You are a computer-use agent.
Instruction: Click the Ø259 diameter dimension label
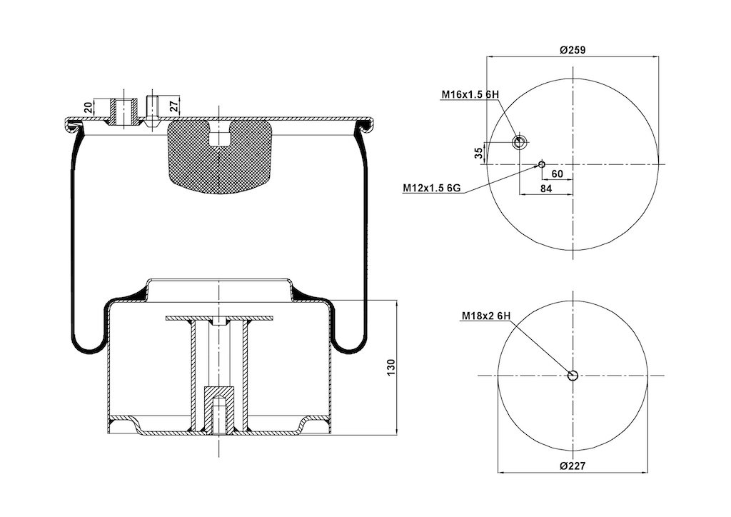pyautogui.click(x=573, y=50)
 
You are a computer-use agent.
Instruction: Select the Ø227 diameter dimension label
pyautogui.click(x=573, y=466)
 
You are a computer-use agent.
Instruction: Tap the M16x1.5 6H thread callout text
pyautogui.click(x=470, y=95)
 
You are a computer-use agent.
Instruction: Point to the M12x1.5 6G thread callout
pyautogui.click(x=432, y=189)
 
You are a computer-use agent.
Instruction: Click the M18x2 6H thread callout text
pyautogui.click(x=486, y=316)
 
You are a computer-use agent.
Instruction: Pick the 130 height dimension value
pyautogui.click(x=390, y=368)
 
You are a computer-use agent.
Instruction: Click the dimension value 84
pyautogui.click(x=546, y=189)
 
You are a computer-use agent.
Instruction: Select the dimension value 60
pyautogui.click(x=557, y=174)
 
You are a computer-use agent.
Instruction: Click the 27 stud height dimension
pyautogui.click(x=173, y=106)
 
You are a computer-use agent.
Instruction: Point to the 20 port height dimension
pyautogui.click(x=88, y=108)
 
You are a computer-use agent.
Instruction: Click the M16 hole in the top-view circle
pyautogui.click(x=519, y=142)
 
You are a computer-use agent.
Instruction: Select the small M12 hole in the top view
pyautogui.click(x=541, y=164)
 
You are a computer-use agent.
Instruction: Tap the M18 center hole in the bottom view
pyautogui.click(x=573, y=376)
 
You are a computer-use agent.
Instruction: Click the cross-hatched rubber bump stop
pyautogui.click(x=218, y=156)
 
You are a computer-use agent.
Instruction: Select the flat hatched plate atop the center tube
pyautogui.click(x=219, y=318)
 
